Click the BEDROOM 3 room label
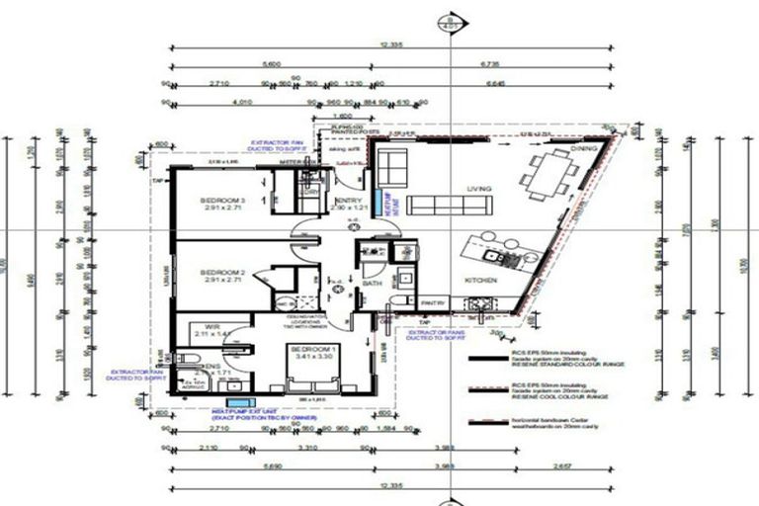(221, 198)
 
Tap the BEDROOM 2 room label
(221, 271)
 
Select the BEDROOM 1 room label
(309, 349)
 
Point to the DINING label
(584, 148)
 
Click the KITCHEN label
(480, 281)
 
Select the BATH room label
(372, 283)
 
